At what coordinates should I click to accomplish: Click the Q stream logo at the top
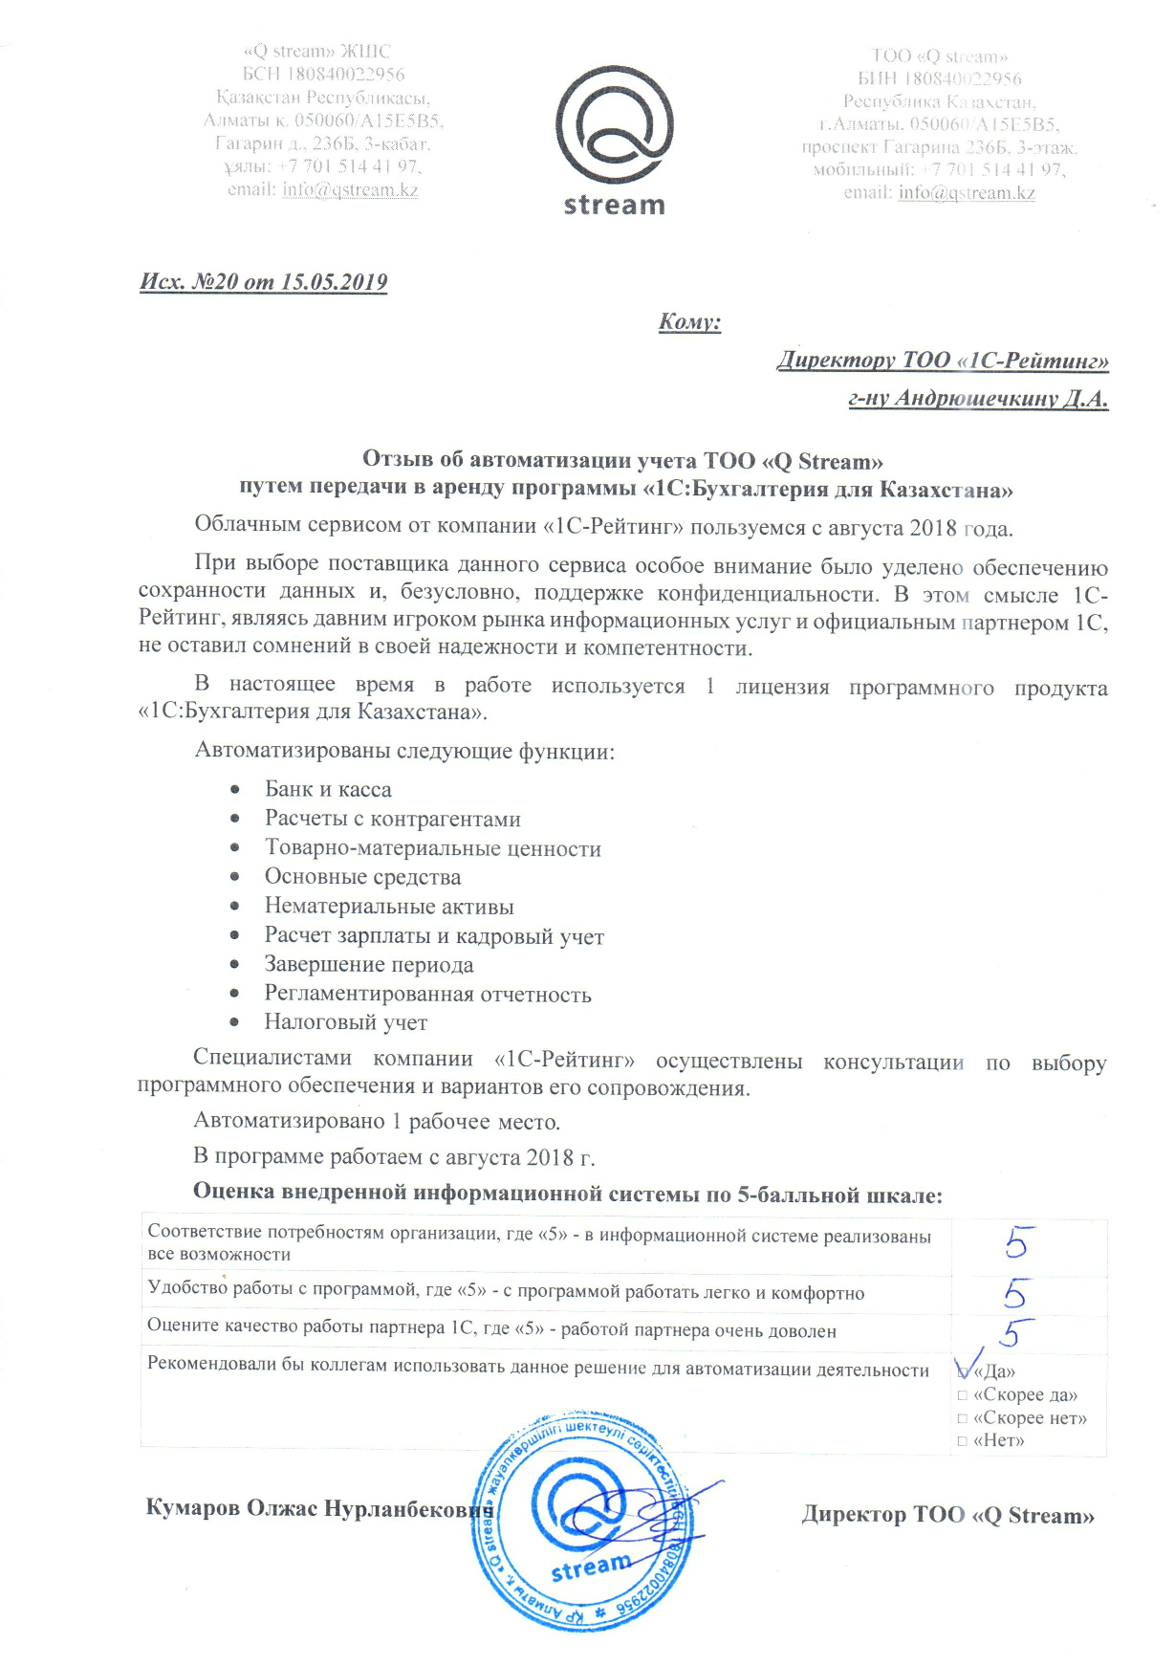click(614, 139)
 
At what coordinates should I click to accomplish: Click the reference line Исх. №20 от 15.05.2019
click(264, 282)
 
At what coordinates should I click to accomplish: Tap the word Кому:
click(689, 321)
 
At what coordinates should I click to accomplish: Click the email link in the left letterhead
click(350, 189)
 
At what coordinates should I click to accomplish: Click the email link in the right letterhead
click(967, 192)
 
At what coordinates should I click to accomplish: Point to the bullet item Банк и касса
click(328, 790)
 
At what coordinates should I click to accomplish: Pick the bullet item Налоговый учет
click(346, 1022)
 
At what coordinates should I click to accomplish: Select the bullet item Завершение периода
click(369, 965)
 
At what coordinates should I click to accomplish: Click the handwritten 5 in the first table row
click(1015, 1242)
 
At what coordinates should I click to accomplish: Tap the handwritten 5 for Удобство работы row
click(1014, 1294)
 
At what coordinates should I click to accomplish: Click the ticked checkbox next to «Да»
click(964, 1371)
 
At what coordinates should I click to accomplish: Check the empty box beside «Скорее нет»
click(963, 1418)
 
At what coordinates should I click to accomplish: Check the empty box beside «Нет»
click(963, 1441)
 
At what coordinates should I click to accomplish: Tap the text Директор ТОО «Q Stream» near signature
click(947, 1515)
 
